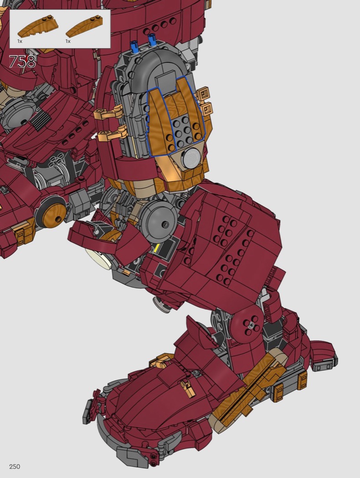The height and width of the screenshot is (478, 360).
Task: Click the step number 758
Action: click(x=22, y=62)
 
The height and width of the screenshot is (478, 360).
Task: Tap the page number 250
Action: click(x=15, y=467)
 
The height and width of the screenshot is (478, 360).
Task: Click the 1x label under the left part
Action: click(x=20, y=41)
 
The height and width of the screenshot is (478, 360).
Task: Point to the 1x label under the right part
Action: click(x=68, y=41)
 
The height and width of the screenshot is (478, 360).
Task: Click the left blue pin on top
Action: click(x=134, y=46)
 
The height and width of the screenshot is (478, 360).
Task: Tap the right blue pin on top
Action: click(x=152, y=39)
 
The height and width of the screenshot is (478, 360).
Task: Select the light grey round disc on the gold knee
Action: click(x=192, y=157)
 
